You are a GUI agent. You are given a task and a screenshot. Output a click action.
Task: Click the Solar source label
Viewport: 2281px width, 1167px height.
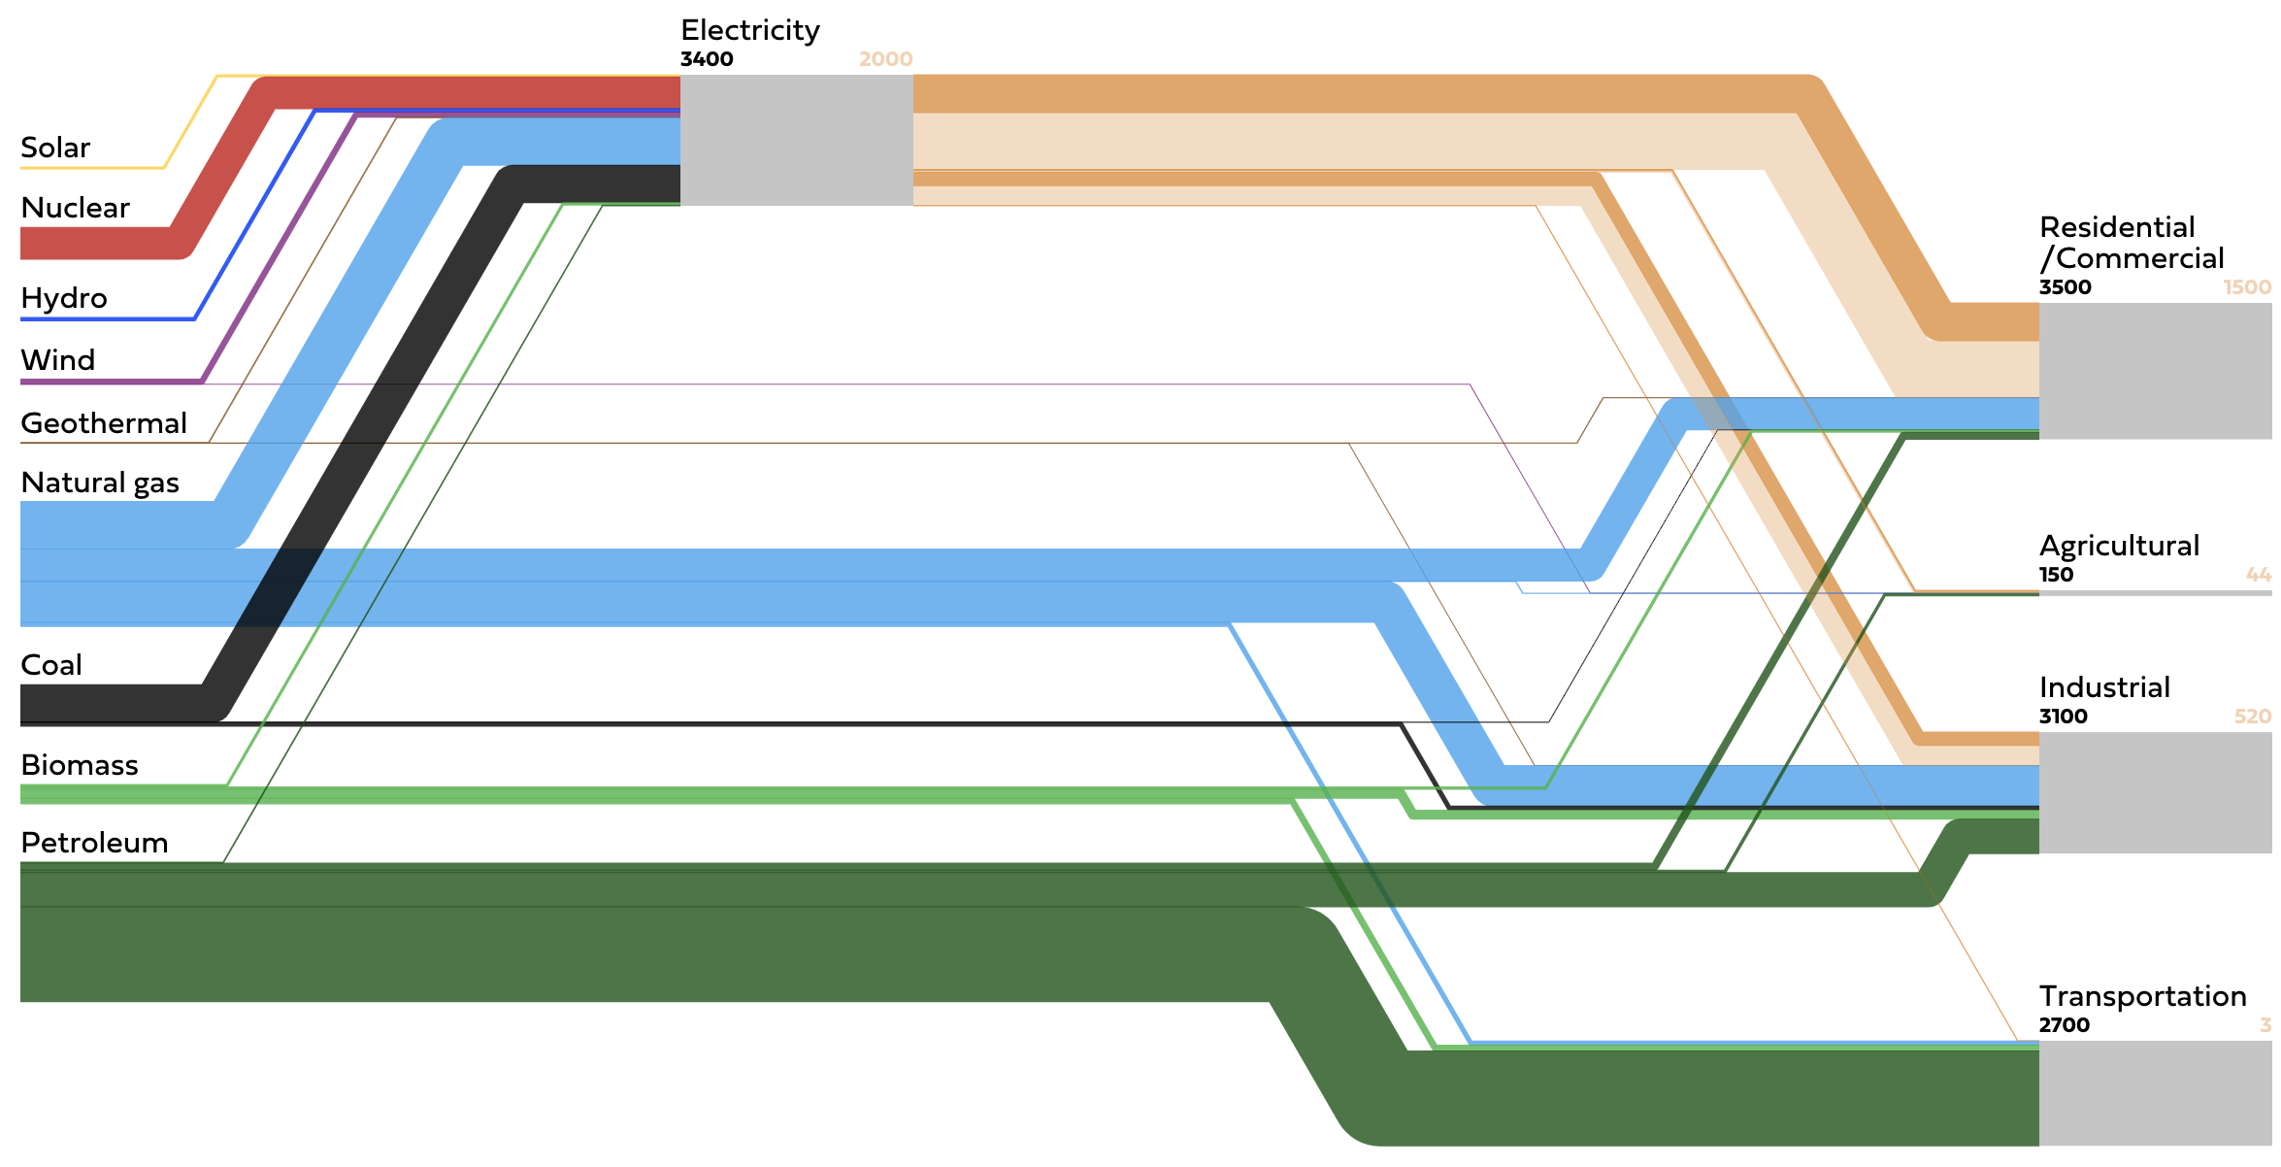click(x=55, y=148)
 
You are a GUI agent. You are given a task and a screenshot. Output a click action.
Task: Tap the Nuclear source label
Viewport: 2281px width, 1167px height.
click(x=75, y=208)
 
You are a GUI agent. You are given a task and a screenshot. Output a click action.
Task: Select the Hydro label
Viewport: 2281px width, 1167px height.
click(x=64, y=298)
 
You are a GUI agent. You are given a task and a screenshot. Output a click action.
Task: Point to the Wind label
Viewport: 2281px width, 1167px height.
click(x=58, y=360)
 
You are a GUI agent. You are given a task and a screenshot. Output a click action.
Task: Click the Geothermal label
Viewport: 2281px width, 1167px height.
click(x=104, y=423)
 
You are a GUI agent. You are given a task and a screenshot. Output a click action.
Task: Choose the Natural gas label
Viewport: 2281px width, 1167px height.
click(x=100, y=483)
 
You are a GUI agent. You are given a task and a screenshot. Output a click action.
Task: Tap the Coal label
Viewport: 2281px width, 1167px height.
click(x=51, y=665)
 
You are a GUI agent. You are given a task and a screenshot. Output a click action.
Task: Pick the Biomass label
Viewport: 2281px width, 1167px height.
click(x=80, y=765)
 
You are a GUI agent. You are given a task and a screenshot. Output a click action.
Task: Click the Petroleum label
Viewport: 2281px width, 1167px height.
click(x=94, y=843)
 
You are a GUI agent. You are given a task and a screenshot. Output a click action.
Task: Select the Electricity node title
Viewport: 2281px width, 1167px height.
click(x=750, y=31)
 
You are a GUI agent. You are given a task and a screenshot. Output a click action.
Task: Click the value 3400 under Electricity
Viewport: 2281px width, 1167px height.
click(x=707, y=59)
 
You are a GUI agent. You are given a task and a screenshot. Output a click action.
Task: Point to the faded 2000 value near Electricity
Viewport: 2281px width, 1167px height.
click(x=885, y=59)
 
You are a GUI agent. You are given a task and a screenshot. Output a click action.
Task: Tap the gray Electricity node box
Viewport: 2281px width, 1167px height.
click(x=797, y=140)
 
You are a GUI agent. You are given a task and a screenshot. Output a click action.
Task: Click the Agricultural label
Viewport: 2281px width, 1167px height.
click(x=2119, y=547)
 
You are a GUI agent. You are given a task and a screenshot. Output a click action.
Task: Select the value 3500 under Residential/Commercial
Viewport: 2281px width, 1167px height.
click(x=2066, y=287)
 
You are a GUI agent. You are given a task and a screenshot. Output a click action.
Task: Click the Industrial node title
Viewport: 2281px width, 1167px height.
click(x=2104, y=687)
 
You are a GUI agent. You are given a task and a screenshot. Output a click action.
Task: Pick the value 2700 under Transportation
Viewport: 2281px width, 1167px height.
click(x=2065, y=1025)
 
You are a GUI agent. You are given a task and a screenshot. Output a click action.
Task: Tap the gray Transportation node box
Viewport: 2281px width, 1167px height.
click(x=2156, y=1093)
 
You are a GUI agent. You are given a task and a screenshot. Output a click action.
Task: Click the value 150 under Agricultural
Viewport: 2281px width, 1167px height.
click(x=2056, y=575)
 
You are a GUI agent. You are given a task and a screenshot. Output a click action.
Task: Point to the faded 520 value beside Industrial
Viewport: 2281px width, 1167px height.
click(x=2253, y=717)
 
